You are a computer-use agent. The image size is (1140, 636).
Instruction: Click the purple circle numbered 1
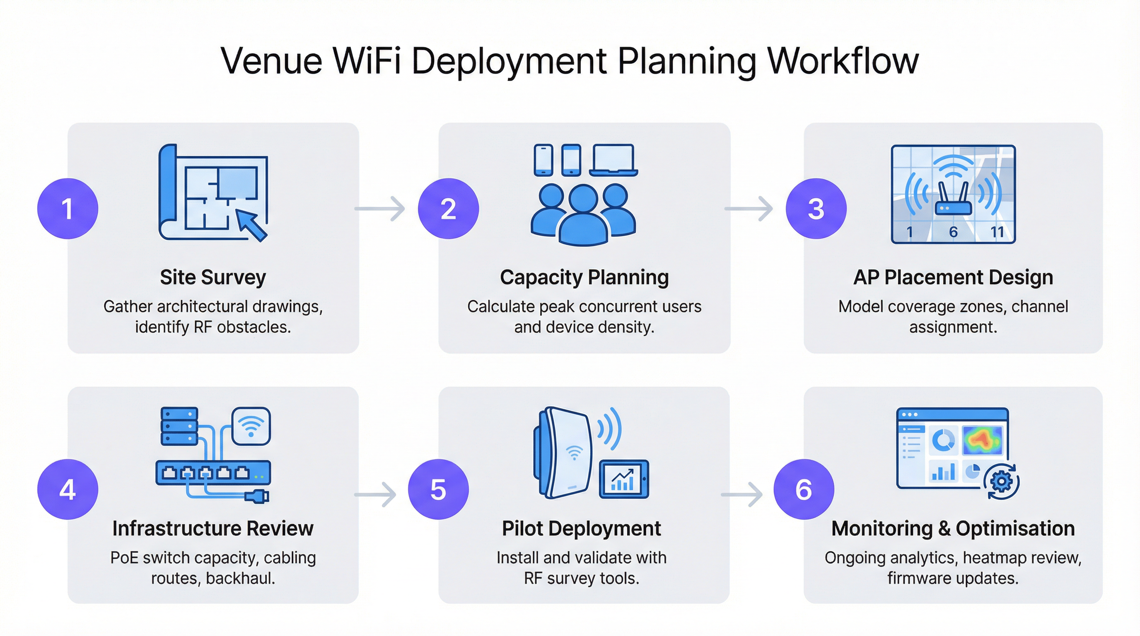pyautogui.click(x=67, y=208)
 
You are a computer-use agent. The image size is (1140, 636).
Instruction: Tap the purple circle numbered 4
pyautogui.click(x=67, y=489)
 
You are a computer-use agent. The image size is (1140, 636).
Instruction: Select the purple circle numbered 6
pyautogui.click(x=803, y=489)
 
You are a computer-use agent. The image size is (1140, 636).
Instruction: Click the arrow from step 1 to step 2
pyautogui.click(x=380, y=208)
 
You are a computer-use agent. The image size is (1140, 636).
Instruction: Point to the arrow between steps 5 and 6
pyautogui.click(x=742, y=494)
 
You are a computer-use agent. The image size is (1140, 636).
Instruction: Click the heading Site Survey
pyautogui.click(x=213, y=277)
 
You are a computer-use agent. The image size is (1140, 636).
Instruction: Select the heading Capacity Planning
pyautogui.click(x=584, y=277)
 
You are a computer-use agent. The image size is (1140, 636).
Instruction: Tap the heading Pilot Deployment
pyautogui.click(x=581, y=528)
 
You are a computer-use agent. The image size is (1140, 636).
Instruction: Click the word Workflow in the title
pyautogui.click(x=843, y=61)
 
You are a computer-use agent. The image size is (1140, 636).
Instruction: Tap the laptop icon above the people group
pyautogui.click(x=613, y=160)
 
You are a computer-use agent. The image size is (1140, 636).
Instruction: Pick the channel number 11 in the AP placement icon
pyautogui.click(x=997, y=232)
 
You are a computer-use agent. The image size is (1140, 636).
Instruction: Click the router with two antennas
pyautogui.click(x=953, y=201)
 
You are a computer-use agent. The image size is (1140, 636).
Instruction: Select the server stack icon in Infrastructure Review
pyautogui.click(x=179, y=426)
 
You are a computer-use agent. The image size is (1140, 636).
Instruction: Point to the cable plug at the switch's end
pyautogui.click(x=258, y=496)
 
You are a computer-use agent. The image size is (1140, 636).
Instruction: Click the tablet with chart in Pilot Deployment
pyautogui.click(x=623, y=479)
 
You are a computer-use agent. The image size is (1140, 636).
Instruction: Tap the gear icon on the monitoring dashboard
pyautogui.click(x=1002, y=481)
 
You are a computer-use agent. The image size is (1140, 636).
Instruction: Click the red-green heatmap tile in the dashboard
pyautogui.click(x=982, y=440)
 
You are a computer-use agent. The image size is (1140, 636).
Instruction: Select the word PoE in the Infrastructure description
pyautogui.click(x=124, y=558)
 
